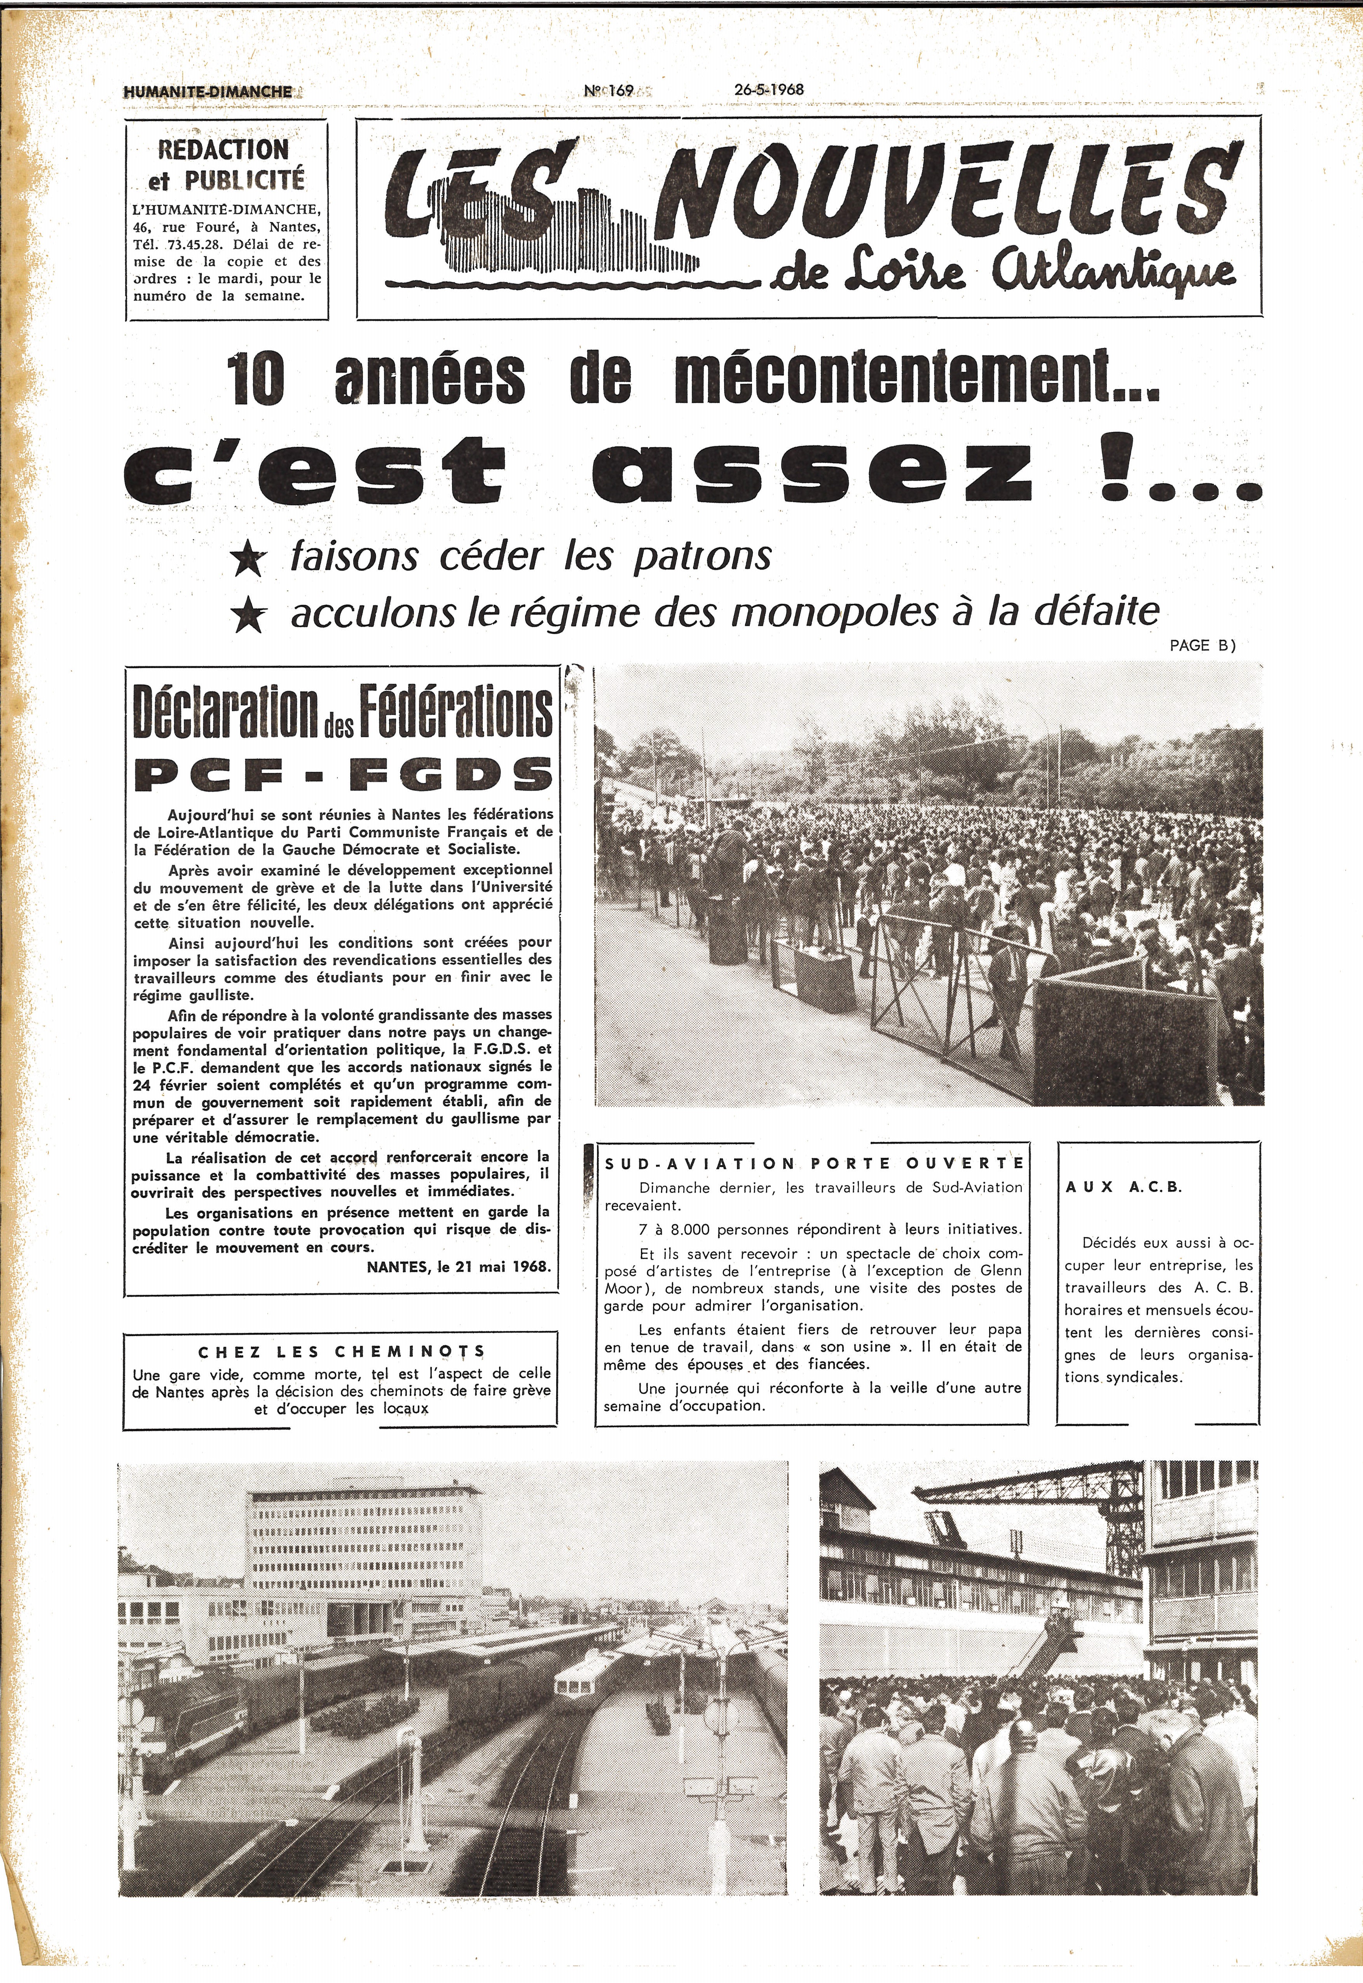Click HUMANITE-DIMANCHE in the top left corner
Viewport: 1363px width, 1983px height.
208,91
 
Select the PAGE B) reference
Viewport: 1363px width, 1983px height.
1202,646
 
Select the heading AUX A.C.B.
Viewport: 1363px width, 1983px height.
1124,1187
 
